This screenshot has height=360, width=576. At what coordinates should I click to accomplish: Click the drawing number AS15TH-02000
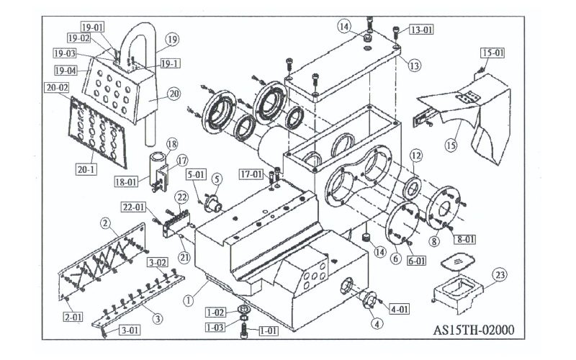pos(474,330)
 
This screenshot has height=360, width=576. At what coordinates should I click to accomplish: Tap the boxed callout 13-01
pos(421,30)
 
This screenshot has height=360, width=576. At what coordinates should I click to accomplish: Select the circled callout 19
pos(172,40)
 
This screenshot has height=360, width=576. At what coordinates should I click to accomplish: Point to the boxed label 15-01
pos(492,53)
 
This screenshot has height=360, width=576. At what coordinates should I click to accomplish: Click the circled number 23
pos(500,275)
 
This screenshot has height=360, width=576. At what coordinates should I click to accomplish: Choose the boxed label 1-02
pos(215,312)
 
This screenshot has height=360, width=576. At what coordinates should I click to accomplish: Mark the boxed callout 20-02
pos(58,88)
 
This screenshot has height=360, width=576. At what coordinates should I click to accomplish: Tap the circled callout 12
pos(416,156)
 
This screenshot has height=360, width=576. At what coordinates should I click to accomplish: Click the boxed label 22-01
pos(133,207)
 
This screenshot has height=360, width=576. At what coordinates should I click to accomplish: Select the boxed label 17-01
pos(251,174)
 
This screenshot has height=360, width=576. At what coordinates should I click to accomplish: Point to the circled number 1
pos(188,301)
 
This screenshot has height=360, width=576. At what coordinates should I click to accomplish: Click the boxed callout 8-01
pos(465,239)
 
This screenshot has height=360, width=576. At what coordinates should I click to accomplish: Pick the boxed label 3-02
pos(158,263)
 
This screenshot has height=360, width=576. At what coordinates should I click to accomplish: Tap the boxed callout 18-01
pos(126,181)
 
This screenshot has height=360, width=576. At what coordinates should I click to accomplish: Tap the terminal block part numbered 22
pos(178,222)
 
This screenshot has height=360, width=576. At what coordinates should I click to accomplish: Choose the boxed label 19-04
pos(66,71)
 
